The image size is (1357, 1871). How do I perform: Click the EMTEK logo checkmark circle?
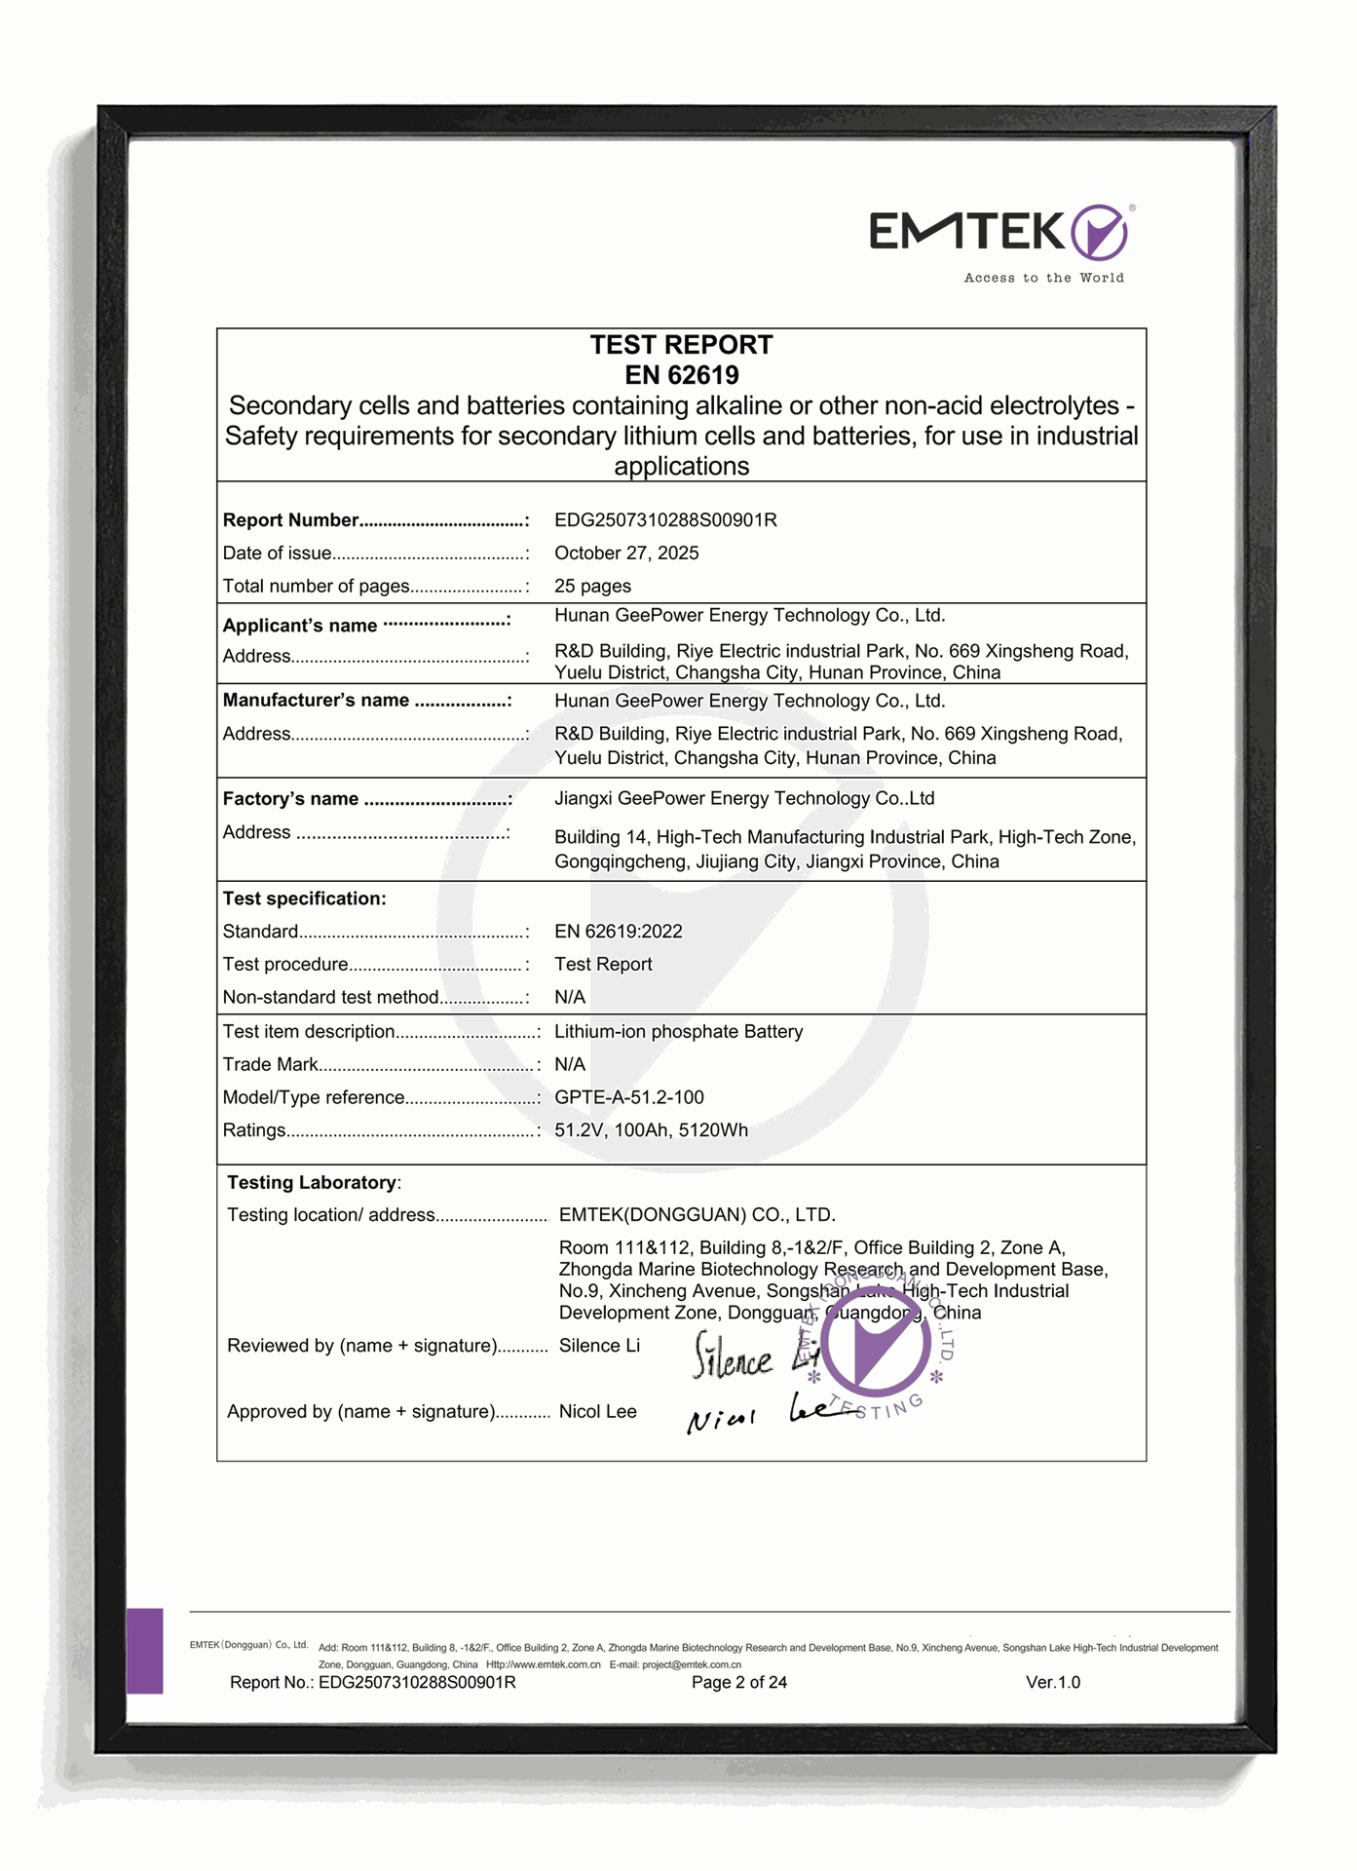(1099, 232)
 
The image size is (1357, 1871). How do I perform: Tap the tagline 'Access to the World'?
(1043, 278)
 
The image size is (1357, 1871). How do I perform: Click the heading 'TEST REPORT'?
(681, 345)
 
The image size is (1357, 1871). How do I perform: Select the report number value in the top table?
(665, 520)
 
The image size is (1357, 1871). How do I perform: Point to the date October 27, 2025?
(626, 554)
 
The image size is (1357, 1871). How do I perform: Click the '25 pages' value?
(592, 587)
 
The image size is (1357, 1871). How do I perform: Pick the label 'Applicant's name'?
(300, 626)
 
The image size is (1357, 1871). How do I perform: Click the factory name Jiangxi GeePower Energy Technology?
(744, 799)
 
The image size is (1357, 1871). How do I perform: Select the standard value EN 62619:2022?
(618, 932)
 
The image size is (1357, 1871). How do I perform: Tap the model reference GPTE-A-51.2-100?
(628, 1097)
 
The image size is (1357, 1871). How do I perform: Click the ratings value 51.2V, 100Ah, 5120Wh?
(651, 1130)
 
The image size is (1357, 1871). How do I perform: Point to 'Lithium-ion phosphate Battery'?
(678, 1032)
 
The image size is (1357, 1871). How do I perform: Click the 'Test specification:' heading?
(304, 898)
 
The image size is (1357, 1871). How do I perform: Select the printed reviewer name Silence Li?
(599, 1346)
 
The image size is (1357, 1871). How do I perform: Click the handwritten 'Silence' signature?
(732, 1357)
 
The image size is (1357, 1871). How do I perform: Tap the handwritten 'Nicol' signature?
(722, 1420)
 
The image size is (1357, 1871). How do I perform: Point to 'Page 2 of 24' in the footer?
(738, 1683)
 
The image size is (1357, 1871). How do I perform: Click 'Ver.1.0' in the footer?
(1052, 1683)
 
